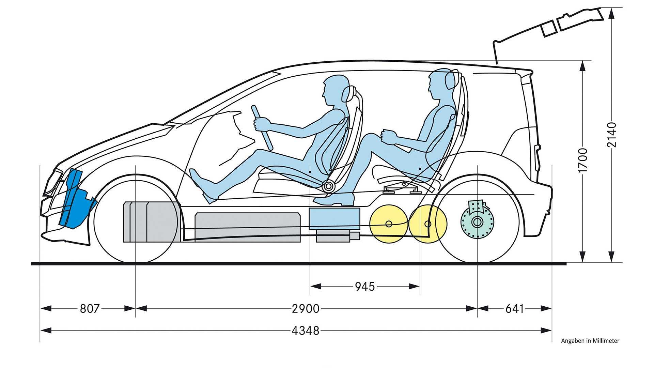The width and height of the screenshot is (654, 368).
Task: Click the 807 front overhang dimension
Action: pyautogui.click(x=90, y=309)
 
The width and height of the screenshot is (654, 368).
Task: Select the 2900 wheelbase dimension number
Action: pyautogui.click(x=306, y=309)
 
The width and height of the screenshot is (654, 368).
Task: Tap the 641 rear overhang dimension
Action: pyautogui.click(x=514, y=309)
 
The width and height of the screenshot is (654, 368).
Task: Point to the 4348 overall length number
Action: pyautogui.click(x=306, y=331)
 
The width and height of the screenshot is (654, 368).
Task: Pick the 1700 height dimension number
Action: pyautogui.click(x=583, y=160)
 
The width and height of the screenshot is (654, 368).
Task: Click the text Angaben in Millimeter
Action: pyautogui.click(x=590, y=341)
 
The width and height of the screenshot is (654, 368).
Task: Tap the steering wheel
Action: pyautogui.click(x=262, y=127)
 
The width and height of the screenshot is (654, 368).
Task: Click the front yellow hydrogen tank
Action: pyautogui.click(x=388, y=224)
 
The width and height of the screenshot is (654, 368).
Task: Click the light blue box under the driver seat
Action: pyautogui.click(x=334, y=218)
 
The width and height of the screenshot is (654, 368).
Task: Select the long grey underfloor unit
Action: pyautogui.click(x=247, y=227)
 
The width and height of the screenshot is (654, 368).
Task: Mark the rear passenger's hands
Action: pyautogui.click(x=388, y=136)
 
